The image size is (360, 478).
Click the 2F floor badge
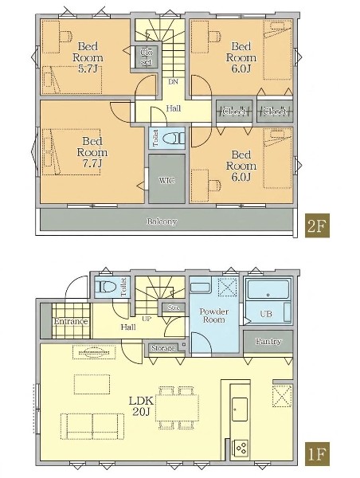317,225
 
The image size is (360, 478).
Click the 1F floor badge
317,454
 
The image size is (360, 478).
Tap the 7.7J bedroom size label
92,163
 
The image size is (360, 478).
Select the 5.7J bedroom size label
88,69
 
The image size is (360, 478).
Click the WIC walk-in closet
166,178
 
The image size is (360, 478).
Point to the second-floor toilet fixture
173,139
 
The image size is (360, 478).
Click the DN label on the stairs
174,82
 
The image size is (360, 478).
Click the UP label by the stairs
147,319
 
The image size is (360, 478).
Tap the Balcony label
162,221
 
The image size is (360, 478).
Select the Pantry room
268,342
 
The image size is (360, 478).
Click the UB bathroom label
266,313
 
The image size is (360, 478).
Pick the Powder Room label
214,315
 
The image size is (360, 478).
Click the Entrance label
71,321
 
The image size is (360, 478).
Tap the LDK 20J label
141,406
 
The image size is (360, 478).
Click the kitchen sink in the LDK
240,409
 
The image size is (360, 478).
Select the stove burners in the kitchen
241,448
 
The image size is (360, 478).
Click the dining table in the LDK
178,408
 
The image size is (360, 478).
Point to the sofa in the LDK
92,426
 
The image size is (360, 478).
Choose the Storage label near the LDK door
163,348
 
